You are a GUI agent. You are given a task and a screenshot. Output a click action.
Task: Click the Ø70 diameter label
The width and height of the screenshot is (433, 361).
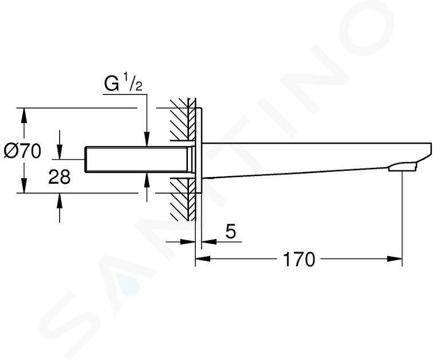pos(23,151)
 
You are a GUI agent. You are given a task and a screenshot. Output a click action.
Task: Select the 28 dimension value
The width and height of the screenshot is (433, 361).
pos(60,176)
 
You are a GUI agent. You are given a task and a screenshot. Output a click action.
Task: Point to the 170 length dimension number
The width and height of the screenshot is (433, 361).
pos(299,260)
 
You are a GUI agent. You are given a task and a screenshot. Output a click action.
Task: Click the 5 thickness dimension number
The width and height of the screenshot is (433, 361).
pos(231,231)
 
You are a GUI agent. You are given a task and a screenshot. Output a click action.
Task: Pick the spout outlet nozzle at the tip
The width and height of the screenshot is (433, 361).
pos(402,167)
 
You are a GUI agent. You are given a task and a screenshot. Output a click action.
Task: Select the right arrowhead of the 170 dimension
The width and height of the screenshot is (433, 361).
pos(394,259)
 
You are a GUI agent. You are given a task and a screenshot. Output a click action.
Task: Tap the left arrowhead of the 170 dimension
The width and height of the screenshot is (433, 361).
pos(203,259)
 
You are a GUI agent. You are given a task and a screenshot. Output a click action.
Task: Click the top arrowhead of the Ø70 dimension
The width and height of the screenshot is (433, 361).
pos(24,115)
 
